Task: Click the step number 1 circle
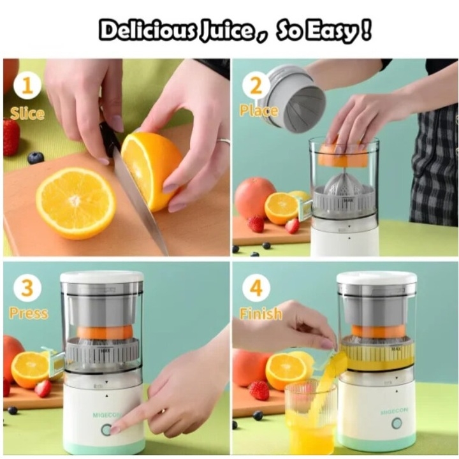[27, 86]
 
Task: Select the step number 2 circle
[256, 86]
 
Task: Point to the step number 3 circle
[27, 288]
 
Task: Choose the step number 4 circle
[256, 288]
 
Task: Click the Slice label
[27, 113]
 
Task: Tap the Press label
[29, 313]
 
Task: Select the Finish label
[261, 314]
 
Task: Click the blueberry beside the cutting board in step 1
[36, 158]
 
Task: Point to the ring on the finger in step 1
[223, 141]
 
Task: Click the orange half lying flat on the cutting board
[76, 203]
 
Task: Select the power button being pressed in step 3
[106, 430]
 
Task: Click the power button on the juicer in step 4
[397, 423]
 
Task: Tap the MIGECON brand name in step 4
[394, 411]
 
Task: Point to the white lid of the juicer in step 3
[101, 277]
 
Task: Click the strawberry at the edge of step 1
[11, 136]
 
